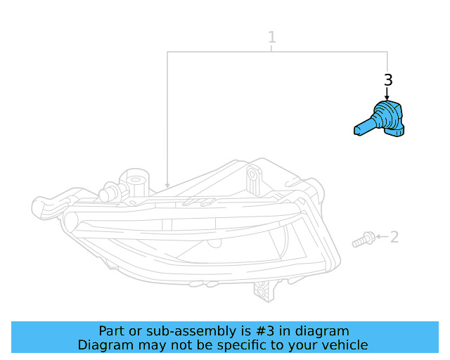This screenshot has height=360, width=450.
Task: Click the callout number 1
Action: tap(272, 37)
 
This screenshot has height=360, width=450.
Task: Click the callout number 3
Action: tap(387, 79)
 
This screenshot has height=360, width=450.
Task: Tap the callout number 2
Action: tap(394, 237)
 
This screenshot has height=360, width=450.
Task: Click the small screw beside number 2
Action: tap(363, 240)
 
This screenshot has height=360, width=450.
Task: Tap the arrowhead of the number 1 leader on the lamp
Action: tap(167, 184)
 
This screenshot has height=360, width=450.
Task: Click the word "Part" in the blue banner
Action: tap(112, 331)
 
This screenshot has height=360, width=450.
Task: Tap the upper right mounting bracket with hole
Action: tap(252, 180)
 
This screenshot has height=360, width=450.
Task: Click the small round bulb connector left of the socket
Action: tap(109, 193)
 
